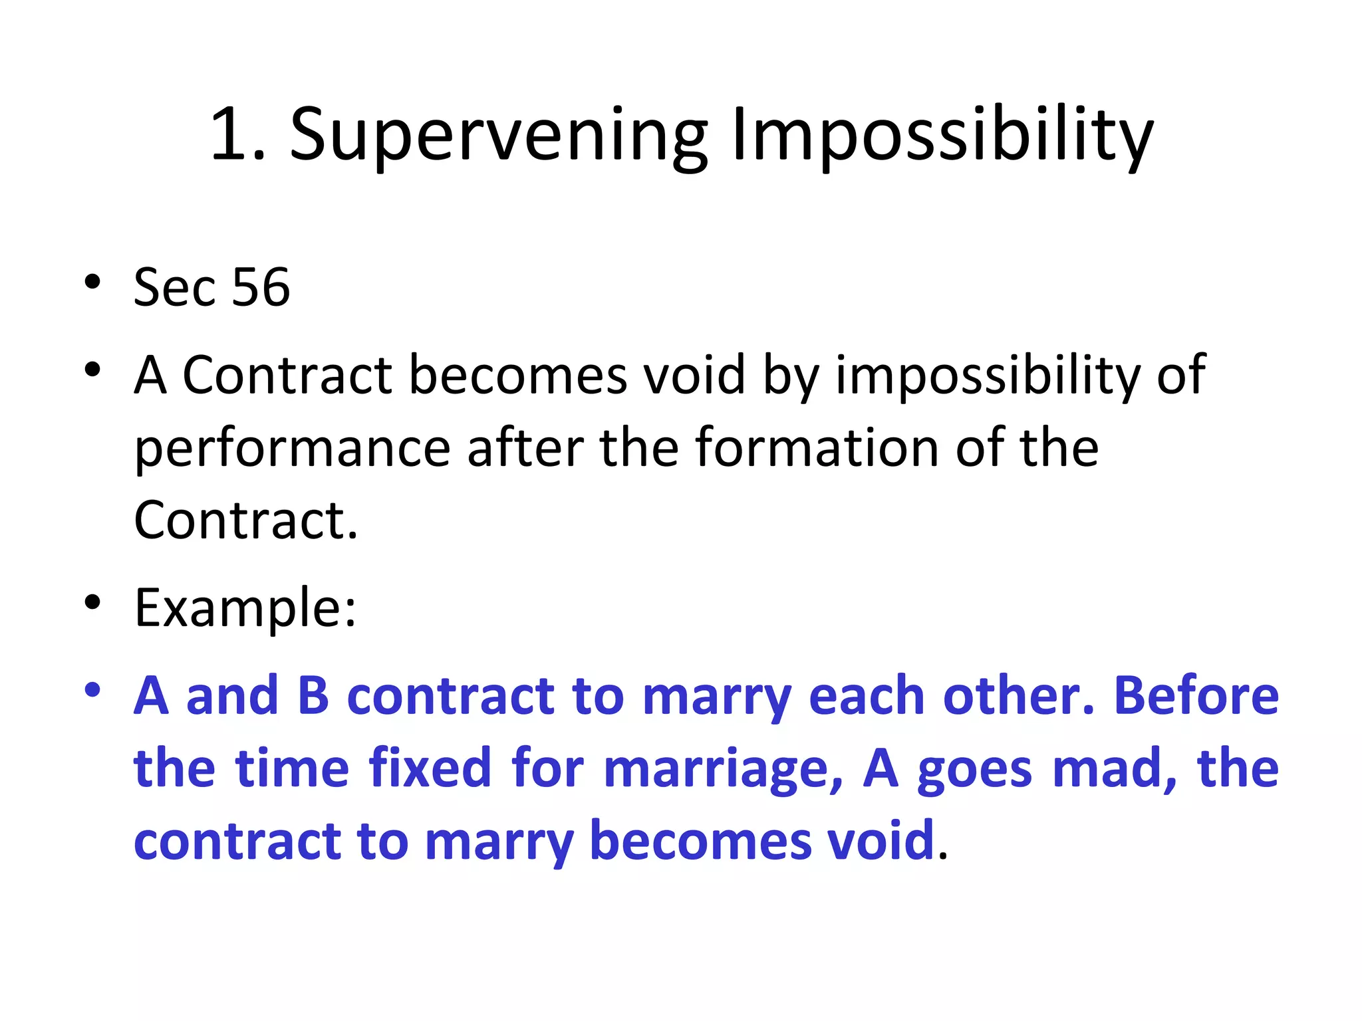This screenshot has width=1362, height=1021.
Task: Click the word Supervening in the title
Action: tap(499, 136)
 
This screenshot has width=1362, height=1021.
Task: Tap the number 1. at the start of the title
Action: tap(237, 136)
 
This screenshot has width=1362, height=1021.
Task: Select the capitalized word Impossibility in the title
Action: tap(942, 136)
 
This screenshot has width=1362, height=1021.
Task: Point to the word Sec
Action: tap(174, 288)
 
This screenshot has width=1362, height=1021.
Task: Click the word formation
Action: tap(817, 447)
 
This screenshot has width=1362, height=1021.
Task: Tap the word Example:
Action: tap(245, 608)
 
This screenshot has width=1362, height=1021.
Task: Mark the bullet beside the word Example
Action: tap(92, 602)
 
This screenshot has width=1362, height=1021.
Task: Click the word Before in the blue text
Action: tap(1196, 696)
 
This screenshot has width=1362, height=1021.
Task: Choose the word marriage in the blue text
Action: tap(723, 770)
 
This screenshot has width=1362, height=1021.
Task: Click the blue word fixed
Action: tap(430, 768)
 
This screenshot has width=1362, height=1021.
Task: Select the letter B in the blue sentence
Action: tap(313, 696)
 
